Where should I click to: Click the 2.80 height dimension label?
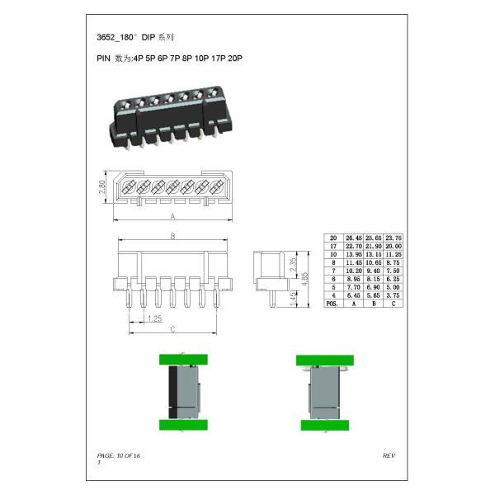(102, 189)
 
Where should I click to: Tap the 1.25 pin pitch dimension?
(153, 318)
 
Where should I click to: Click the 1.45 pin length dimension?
(294, 297)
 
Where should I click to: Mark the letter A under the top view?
(172, 216)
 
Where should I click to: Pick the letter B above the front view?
(172, 236)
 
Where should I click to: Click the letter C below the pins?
(172, 330)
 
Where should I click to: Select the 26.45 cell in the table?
(353, 238)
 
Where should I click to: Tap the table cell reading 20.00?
(393, 246)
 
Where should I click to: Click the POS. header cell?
(333, 304)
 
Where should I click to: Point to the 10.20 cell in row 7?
(353, 271)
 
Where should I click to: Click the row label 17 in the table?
(333, 246)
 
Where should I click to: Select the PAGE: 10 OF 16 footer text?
(119, 455)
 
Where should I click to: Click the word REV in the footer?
(389, 455)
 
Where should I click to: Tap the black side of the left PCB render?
(172, 391)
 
